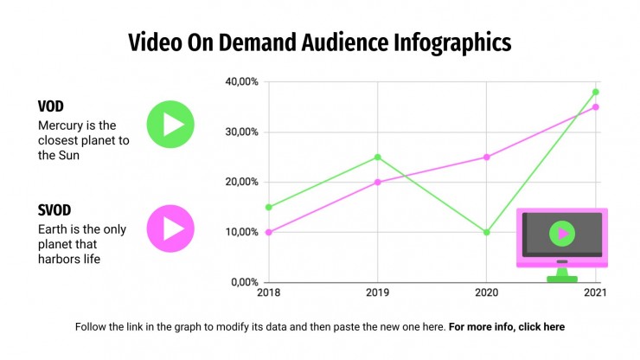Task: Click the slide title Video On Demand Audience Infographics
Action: pos(320,42)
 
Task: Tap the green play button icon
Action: pos(170,125)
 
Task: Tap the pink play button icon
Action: pos(170,228)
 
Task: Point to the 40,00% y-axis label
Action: pos(242,82)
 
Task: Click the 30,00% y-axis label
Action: pos(242,132)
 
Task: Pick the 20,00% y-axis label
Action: pos(242,182)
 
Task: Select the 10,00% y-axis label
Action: pos(242,232)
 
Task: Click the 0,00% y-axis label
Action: pos(245,282)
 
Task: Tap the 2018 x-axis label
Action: pos(268,293)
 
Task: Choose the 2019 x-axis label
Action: pos(377,293)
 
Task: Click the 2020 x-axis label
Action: pos(486,293)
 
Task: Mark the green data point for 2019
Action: pos(377,157)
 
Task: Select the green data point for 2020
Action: pos(486,232)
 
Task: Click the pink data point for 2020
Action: pos(486,157)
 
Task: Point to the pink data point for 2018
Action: pos(268,232)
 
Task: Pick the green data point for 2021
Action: pos(595,92)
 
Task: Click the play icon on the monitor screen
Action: pos(562,233)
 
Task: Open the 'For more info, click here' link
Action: pos(507,327)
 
